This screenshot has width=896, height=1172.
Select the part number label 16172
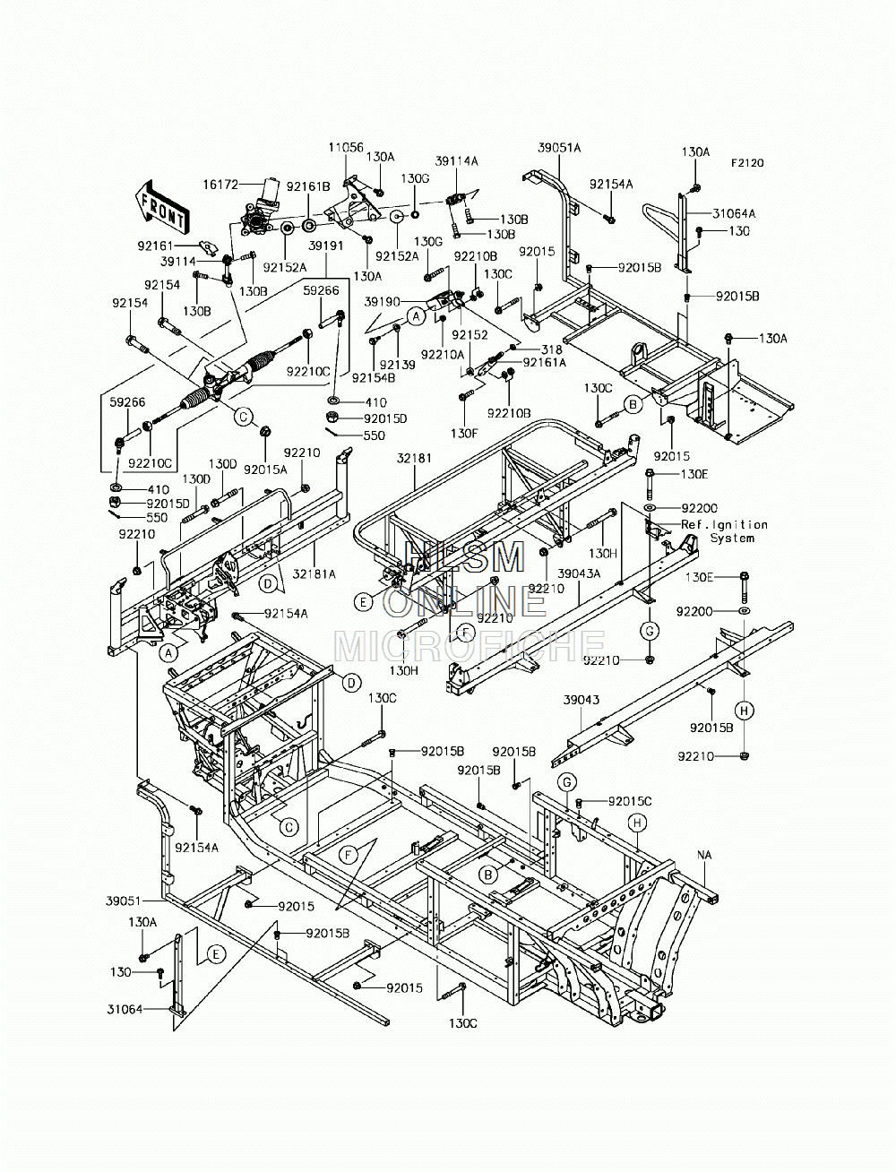point(220,185)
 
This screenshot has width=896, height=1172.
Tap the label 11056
point(346,147)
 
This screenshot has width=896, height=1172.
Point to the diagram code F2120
point(747,163)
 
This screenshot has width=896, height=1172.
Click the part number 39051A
point(559,148)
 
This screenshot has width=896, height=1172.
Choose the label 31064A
point(734,213)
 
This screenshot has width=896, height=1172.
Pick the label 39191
point(326,246)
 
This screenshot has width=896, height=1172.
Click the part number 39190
point(383,302)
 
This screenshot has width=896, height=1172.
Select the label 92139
point(397,365)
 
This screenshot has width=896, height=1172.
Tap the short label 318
point(552,349)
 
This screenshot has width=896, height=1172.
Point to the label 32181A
point(314,574)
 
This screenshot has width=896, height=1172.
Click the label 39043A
point(580,573)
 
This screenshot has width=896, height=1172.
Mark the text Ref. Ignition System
point(725,531)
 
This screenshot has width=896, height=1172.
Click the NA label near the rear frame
point(704,855)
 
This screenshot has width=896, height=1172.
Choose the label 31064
point(125,1009)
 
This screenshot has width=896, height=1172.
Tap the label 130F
point(463,434)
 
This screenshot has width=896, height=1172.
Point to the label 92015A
point(265,470)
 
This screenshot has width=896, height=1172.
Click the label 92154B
point(374,377)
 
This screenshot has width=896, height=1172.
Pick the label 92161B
point(308,186)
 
